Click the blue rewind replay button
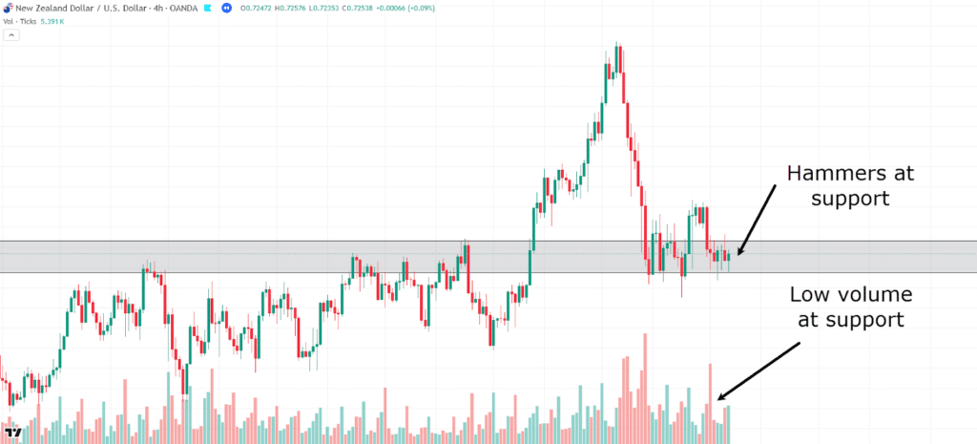point(226,8)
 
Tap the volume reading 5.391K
point(53,20)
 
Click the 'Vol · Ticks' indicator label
point(20,20)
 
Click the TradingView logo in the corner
point(13,432)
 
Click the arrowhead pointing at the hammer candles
point(737,253)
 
